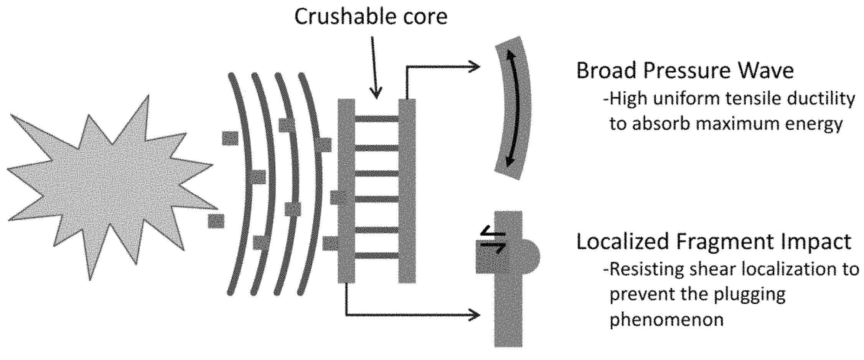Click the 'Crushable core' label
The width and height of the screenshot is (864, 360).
[x=371, y=17]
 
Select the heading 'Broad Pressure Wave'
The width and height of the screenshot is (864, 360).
[x=685, y=71]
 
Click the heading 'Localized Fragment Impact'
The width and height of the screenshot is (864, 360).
[x=714, y=242]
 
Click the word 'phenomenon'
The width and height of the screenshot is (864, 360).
[x=666, y=319]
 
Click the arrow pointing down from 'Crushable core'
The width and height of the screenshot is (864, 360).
[x=375, y=65]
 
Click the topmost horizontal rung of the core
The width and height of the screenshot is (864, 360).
[x=376, y=119]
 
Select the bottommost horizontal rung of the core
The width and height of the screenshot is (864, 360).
[x=376, y=255]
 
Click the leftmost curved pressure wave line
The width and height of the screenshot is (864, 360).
[x=240, y=184]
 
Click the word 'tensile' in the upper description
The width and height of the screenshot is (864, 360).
[x=759, y=99]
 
